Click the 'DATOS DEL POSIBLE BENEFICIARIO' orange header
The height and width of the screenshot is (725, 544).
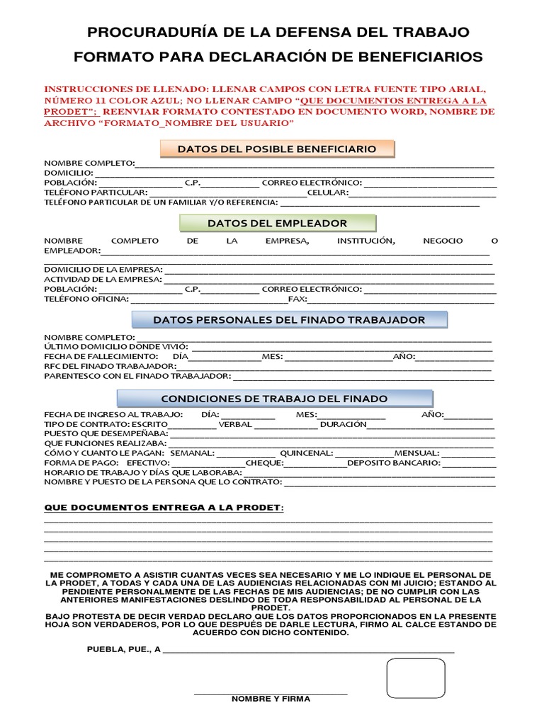(x=277, y=149)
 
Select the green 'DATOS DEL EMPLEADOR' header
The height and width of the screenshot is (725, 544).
(x=277, y=224)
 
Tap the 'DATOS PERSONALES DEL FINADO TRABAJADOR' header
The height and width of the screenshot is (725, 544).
(x=289, y=320)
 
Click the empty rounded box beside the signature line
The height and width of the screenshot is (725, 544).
(x=416, y=678)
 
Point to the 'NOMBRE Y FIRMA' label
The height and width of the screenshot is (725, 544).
(x=271, y=699)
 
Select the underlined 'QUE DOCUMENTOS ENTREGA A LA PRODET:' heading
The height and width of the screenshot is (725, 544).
(x=164, y=508)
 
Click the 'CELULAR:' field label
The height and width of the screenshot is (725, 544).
(x=327, y=193)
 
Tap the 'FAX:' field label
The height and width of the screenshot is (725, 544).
(x=297, y=299)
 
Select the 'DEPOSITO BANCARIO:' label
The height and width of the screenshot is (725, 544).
(x=393, y=463)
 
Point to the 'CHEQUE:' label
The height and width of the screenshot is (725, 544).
(x=264, y=463)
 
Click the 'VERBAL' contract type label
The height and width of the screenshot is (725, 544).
(x=234, y=424)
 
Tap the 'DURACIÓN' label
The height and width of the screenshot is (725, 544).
(x=343, y=424)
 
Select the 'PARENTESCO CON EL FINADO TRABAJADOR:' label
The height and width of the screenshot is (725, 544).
(x=137, y=376)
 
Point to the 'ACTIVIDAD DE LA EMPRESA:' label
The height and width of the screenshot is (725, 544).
(x=103, y=279)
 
